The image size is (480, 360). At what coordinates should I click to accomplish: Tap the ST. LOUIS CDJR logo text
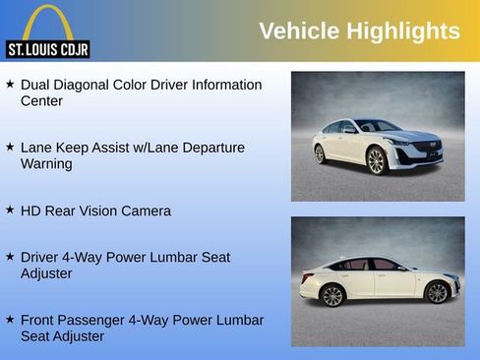click(48, 48)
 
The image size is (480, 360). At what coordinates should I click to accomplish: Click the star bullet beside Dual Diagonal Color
click(10, 85)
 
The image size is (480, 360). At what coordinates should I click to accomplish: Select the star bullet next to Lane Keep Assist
click(10, 147)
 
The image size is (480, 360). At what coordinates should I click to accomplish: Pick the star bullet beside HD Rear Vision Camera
click(10, 210)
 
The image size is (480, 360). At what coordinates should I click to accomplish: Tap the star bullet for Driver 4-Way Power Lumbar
click(10, 256)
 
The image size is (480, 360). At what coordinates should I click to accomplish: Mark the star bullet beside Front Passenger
click(10, 319)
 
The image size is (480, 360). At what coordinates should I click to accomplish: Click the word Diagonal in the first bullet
click(91, 85)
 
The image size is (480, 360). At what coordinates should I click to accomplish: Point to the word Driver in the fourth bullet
click(41, 257)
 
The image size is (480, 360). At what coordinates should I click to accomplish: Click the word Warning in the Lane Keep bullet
click(46, 163)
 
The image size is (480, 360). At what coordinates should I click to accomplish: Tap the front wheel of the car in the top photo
click(376, 160)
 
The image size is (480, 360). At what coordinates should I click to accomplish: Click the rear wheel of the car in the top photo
click(320, 153)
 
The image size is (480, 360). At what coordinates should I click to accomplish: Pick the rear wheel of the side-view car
click(332, 295)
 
